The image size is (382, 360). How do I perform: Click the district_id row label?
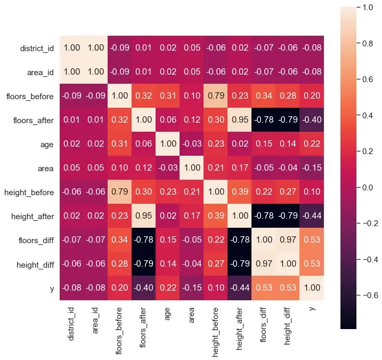click(x=37, y=48)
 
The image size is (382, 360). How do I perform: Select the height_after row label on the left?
click(x=32, y=217)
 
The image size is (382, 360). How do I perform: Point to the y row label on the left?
click(x=51, y=289)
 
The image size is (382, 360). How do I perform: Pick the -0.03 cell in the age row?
click(x=192, y=144)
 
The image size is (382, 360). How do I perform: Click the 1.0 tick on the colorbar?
click(x=368, y=8)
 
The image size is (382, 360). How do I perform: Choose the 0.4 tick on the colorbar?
click(x=368, y=116)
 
